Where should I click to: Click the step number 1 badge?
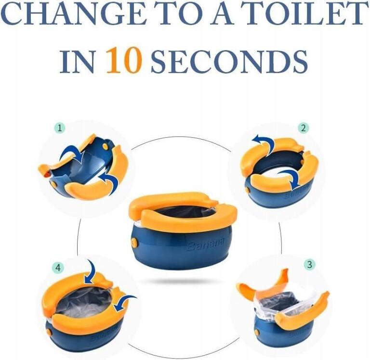click(60, 128)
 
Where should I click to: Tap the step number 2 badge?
click(304, 128)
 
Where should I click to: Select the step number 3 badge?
click(309, 264)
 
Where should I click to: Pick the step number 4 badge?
click(58, 268)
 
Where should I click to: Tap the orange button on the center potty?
click(134, 244)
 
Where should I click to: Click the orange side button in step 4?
click(49, 332)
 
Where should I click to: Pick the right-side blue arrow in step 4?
click(124, 302)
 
